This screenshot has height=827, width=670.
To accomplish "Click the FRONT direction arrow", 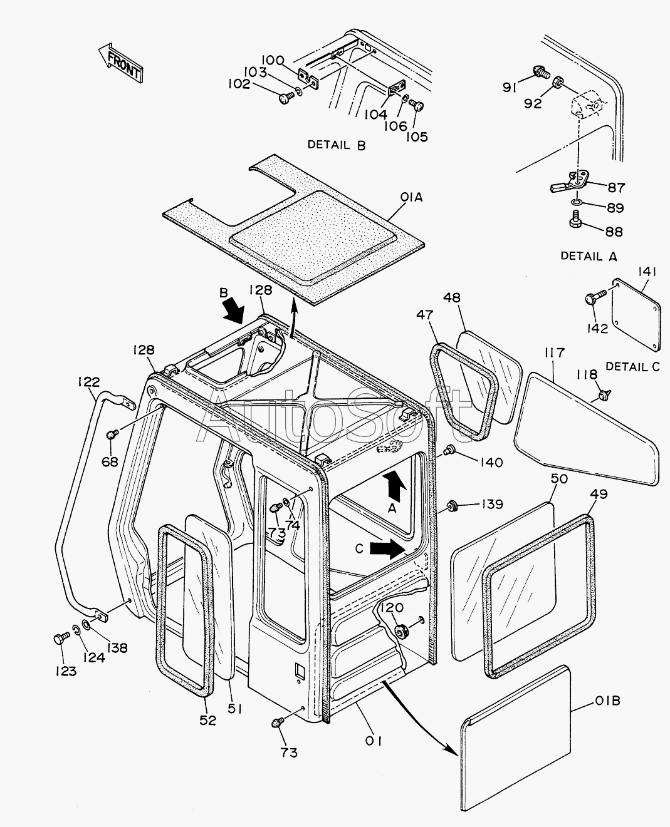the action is [121, 63].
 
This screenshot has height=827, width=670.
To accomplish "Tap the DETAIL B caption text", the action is [337, 145].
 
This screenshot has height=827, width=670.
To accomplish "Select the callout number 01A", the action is [411, 198].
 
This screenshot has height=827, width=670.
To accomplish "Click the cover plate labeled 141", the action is [636, 315].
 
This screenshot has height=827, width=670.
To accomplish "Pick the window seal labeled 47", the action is [464, 392].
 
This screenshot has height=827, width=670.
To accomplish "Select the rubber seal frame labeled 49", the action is [538, 597].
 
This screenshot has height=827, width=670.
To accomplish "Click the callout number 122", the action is [89, 382].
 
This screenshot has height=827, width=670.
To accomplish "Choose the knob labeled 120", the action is [400, 631].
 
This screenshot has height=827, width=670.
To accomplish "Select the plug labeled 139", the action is [453, 506].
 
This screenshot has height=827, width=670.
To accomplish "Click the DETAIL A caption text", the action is [589, 256].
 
